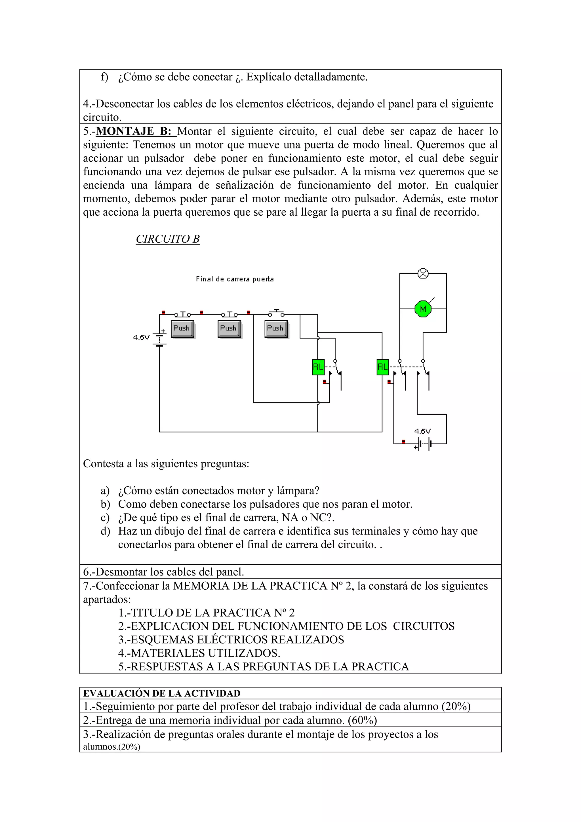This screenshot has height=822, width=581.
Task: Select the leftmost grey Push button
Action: coord(182,329)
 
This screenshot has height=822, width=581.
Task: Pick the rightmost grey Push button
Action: coord(276,329)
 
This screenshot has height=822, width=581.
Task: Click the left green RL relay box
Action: coord(318,367)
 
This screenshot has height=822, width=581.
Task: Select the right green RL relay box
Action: coord(382,367)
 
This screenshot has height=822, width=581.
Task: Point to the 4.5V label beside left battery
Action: coord(141,337)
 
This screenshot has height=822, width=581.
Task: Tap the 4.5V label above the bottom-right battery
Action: coord(422,431)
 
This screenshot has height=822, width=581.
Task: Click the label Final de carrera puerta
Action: coord(235,279)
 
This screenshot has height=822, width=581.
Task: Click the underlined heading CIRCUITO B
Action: coord(168,239)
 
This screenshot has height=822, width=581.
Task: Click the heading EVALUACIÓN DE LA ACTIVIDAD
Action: coord(161,693)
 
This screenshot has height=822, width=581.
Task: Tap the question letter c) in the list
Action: coord(105,518)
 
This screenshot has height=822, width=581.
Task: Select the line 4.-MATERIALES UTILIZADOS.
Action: coord(199,653)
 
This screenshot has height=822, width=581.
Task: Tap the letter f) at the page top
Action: coord(104,77)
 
